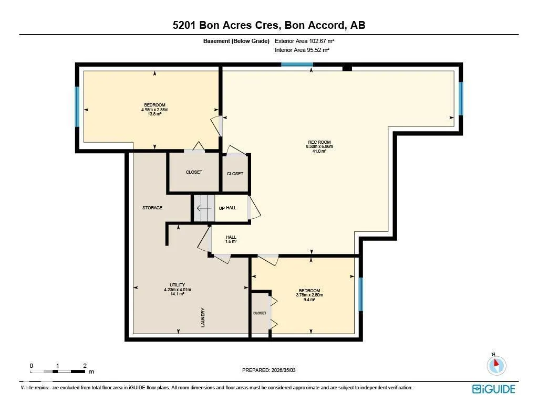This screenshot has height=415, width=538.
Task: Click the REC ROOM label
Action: point(319,142)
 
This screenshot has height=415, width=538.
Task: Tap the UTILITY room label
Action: point(178,285)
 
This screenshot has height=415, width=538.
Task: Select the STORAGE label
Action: point(152,208)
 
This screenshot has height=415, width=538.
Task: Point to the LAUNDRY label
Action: point(203,317)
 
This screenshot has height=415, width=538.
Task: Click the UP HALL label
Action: point(227,208)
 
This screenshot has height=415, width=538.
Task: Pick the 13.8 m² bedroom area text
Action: point(154,114)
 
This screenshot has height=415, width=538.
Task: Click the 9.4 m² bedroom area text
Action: point(309,300)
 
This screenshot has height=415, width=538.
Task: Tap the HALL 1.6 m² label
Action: point(231,239)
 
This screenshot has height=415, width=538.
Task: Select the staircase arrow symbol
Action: point(204,208)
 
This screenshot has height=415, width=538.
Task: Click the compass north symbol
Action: point(496,365)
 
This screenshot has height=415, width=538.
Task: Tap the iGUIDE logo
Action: point(493,389)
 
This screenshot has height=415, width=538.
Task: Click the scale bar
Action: point(58,371)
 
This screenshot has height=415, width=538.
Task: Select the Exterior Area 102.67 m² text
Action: point(304,41)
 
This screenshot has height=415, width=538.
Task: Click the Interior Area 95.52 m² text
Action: point(302,50)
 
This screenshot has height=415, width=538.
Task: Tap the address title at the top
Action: point(269,25)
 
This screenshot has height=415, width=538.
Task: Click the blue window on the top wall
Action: point(297,65)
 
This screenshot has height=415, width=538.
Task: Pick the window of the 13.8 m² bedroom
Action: point(77,107)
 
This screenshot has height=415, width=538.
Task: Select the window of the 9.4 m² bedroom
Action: point(360,294)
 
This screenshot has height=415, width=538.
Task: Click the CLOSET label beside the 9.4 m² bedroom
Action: point(260,313)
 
